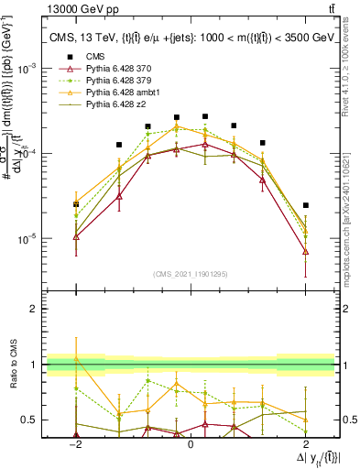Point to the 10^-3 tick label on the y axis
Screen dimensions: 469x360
coord(30,68)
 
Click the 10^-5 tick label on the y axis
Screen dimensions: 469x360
coord(30,239)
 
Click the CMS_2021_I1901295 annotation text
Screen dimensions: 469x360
coord(191,274)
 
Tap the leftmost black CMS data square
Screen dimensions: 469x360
coord(76,204)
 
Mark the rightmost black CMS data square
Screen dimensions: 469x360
coord(305,205)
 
